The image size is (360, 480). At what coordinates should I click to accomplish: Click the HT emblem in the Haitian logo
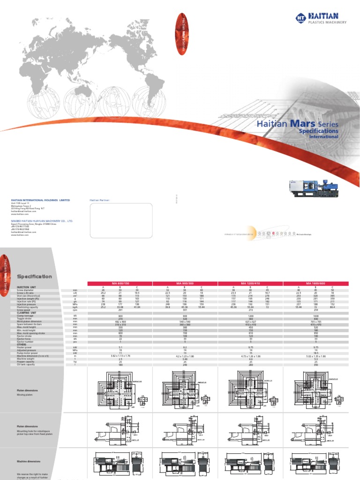[x=300, y=18]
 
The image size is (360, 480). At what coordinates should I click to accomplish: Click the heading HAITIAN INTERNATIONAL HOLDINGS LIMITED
[x=40, y=200]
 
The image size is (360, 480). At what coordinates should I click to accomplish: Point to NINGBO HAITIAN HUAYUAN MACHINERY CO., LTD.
[x=42, y=220]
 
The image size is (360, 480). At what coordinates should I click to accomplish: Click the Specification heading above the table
[x=34, y=277]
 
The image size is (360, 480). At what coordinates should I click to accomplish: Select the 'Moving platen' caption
[x=27, y=395]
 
